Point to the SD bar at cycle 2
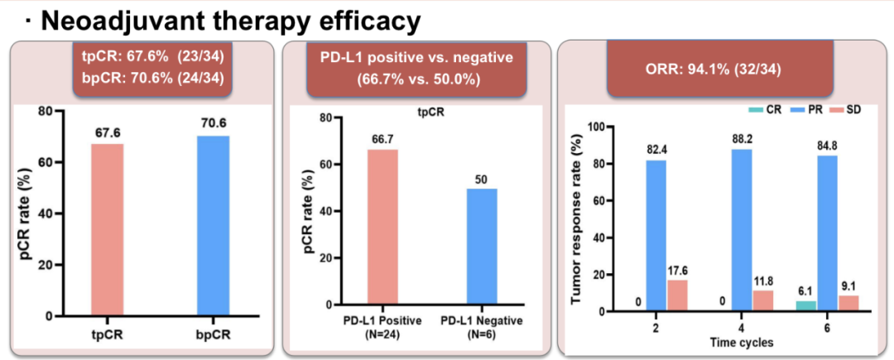click(677, 295)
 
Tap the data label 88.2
click(742, 138)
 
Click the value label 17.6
click(679, 269)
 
